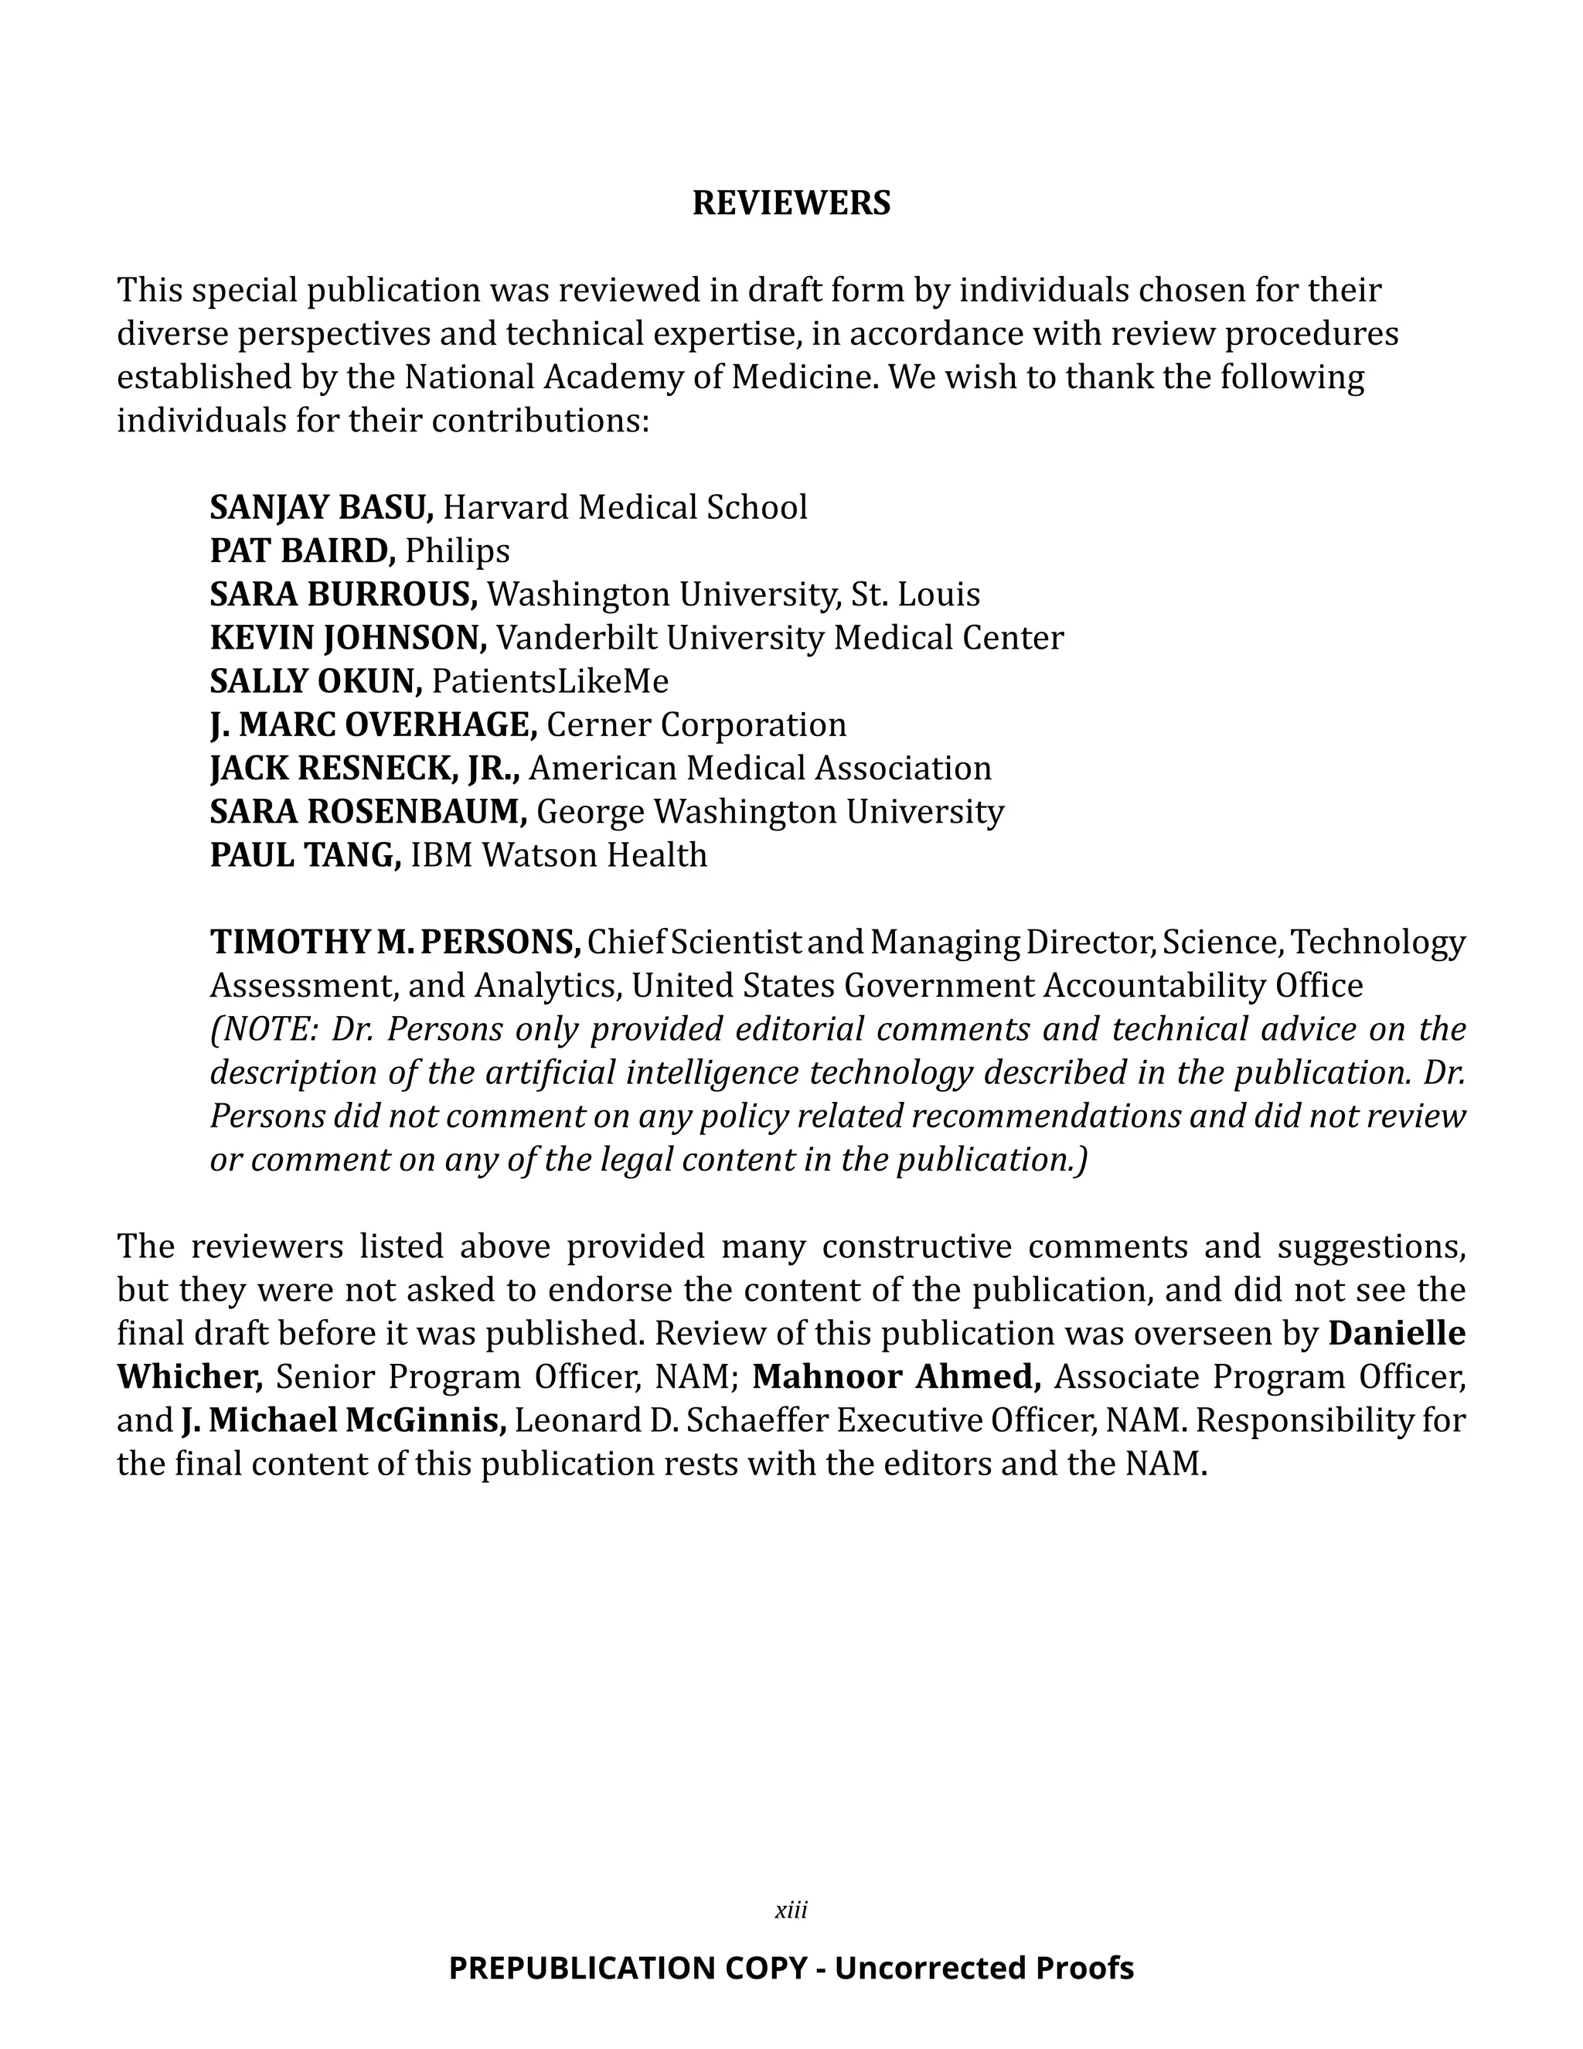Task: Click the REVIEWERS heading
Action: point(791,203)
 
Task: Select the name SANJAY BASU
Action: point(320,506)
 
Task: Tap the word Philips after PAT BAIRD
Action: point(458,551)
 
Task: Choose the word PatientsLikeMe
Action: point(550,681)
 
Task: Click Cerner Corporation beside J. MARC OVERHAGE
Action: point(696,724)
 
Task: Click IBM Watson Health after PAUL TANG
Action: point(559,854)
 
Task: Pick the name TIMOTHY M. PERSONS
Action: point(395,941)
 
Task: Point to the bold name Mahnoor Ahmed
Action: point(896,1376)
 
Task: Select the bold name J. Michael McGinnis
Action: point(343,1420)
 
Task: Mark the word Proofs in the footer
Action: point(1084,1967)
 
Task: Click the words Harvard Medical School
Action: point(625,506)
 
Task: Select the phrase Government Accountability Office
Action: point(1103,985)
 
